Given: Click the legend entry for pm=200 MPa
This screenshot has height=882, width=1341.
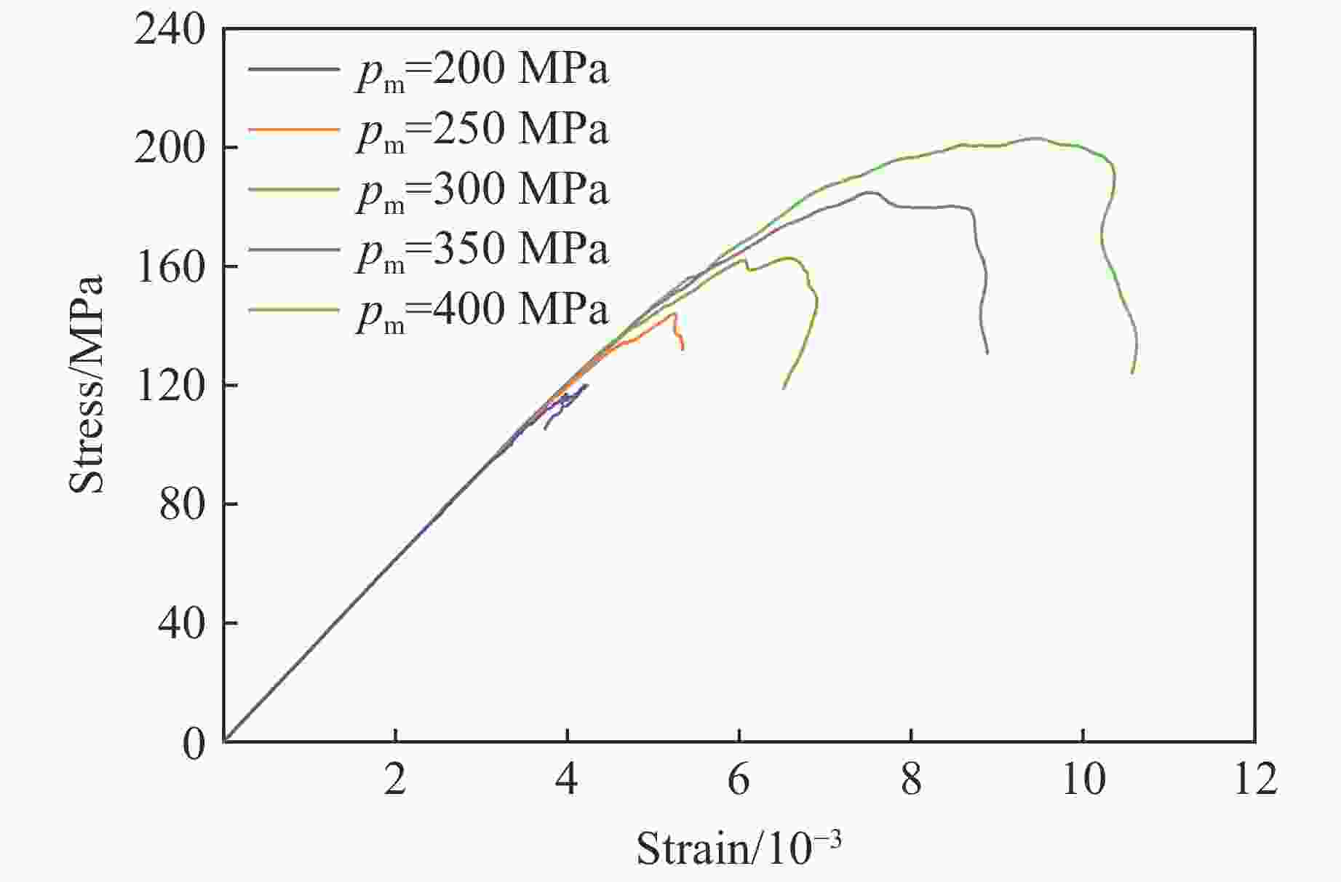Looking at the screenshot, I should pos(482,71).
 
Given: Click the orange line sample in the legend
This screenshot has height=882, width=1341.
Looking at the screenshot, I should pos(294,129).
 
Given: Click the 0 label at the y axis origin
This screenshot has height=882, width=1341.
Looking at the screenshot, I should pos(194,743).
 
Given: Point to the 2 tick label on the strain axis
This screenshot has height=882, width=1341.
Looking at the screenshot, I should pos(395,779).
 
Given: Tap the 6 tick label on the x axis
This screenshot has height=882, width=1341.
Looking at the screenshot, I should pos(739,779).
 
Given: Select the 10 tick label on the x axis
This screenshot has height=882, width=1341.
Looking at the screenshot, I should pos(1083,779).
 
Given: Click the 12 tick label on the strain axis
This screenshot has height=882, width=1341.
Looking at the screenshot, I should pos(1254,779).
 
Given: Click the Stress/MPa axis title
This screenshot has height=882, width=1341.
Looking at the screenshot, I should pos(87,384).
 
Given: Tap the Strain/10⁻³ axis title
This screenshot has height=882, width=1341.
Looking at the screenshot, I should pos(739,847).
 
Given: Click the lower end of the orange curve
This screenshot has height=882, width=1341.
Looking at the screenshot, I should pos(683,349).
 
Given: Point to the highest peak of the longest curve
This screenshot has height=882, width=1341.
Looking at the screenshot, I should pos(1036,138).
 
